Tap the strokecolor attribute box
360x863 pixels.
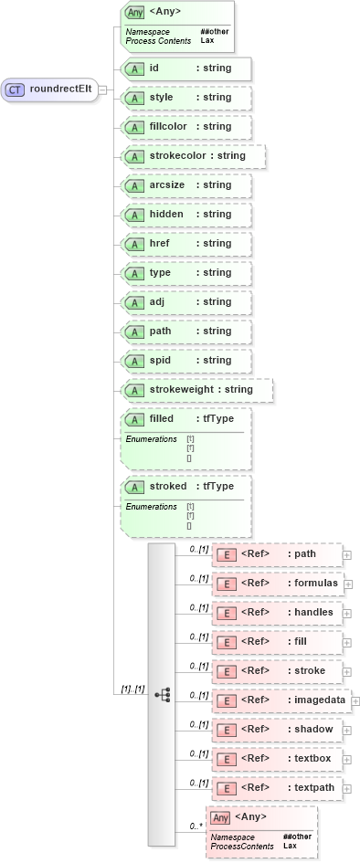tap(193, 156)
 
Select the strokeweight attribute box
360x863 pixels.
tap(196, 390)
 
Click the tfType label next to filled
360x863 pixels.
tap(218, 419)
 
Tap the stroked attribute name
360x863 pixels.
tap(168, 487)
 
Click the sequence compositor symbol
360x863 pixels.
tap(163, 695)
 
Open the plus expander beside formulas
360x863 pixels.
tap(347, 584)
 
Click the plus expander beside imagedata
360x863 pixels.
tap(355, 700)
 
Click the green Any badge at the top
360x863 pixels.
tap(135, 13)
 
